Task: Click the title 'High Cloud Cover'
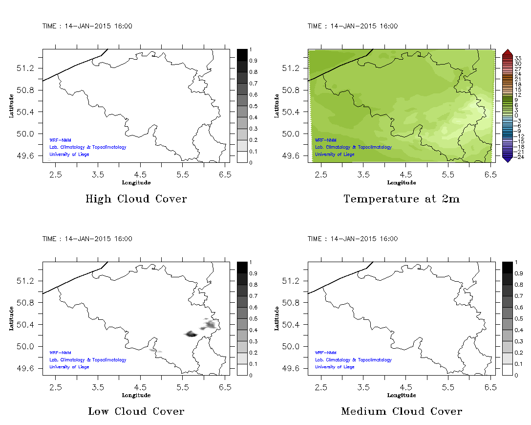point(136,199)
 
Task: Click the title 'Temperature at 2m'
point(401,199)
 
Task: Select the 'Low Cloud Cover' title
point(136,411)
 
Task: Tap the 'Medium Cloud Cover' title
point(401,411)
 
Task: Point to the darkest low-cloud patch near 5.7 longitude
point(191,334)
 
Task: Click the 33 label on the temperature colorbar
point(518,58)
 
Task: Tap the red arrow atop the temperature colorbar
point(507,52)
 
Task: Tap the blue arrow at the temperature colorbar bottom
point(507,158)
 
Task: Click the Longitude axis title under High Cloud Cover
point(136,183)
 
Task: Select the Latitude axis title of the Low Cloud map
point(11,318)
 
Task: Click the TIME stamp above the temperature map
point(352,26)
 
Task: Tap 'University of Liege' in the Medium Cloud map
point(335,367)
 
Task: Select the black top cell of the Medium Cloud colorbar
point(507,268)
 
